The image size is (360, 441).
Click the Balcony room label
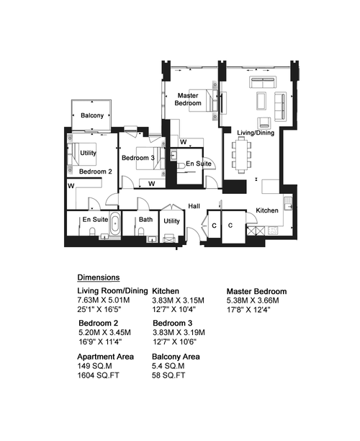(x=92, y=115)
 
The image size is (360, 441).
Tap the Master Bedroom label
(x=188, y=99)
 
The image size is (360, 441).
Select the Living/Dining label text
(x=256, y=133)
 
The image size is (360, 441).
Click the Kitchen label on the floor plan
(x=267, y=210)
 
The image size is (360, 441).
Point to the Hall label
(x=194, y=206)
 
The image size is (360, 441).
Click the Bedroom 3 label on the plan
(x=138, y=158)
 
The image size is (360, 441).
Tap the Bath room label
(x=145, y=219)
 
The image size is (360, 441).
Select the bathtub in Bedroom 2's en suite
(x=115, y=224)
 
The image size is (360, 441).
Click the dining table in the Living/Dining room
(x=241, y=155)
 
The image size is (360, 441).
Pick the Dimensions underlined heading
(x=99, y=277)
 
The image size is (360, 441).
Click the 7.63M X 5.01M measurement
(x=104, y=300)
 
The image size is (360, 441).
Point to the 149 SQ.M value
(x=94, y=366)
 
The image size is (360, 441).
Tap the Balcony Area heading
(x=176, y=357)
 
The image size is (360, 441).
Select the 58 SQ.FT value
(x=168, y=375)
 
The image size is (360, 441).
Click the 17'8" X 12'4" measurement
(x=248, y=310)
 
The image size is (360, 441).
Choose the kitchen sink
(x=288, y=203)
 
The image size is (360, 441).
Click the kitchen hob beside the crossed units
(x=273, y=231)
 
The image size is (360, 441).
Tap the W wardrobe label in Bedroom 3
(x=151, y=184)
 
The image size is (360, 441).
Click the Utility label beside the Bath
(x=171, y=221)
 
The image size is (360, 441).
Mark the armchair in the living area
(x=264, y=122)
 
